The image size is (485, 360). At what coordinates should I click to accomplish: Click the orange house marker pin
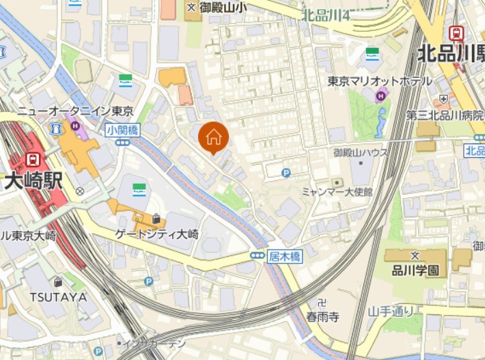tap(214, 137)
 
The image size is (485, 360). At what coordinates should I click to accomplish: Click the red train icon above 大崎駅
tap(31, 159)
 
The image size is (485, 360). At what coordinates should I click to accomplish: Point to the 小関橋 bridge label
tap(122, 128)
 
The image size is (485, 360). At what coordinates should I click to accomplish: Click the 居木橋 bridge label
tap(285, 255)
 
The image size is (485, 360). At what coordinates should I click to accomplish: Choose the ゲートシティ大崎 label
tap(157, 234)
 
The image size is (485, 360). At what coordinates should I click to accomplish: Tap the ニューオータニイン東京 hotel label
tap(75, 111)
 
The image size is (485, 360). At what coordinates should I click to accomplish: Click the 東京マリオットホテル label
tap(380, 81)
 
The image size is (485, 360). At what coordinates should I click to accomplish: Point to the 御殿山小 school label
tap(223, 8)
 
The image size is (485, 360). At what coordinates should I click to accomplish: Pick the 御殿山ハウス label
tap(361, 152)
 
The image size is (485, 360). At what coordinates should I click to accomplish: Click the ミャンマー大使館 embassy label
tap(337, 193)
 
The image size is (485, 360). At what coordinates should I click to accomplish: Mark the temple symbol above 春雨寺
tap(322, 303)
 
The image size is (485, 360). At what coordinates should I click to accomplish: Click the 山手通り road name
tap(391, 311)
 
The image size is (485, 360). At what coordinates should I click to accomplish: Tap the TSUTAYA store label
tap(58, 296)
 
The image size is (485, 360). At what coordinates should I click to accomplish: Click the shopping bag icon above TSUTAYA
tap(58, 281)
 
